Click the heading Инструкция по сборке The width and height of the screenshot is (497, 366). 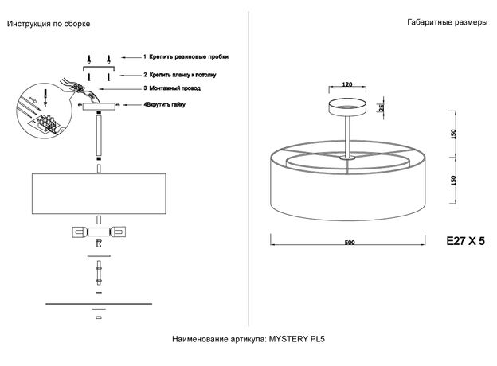pos(49,24)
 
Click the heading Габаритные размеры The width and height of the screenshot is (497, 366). pos(448,22)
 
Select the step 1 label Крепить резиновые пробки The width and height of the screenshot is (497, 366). pos(189,57)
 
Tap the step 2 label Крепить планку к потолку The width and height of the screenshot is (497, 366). pos(183,75)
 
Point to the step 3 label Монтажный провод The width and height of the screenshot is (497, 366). pos(174,88)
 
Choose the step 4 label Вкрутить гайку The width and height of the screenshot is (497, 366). pos(166,104)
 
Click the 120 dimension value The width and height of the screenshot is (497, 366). pos(347,84)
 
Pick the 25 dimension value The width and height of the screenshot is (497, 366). pos(382,107)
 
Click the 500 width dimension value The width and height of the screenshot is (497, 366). pos(350,243)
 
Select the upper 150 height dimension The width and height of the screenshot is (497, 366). pos(453,134)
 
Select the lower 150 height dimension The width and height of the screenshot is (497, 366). pos(453,181)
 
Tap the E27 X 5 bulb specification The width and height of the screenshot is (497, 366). pos(465,241)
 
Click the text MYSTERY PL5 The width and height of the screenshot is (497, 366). pos(296,339)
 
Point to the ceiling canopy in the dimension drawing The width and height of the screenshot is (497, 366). pos(347,107)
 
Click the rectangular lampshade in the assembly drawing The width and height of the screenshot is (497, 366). pos(99,193)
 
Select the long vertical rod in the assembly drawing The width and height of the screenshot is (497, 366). pos(99,135)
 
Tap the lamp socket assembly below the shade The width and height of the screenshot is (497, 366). pos(99,232)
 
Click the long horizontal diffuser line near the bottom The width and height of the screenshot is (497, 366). pos(99,304)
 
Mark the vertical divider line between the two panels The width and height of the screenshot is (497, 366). pos(248,169)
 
